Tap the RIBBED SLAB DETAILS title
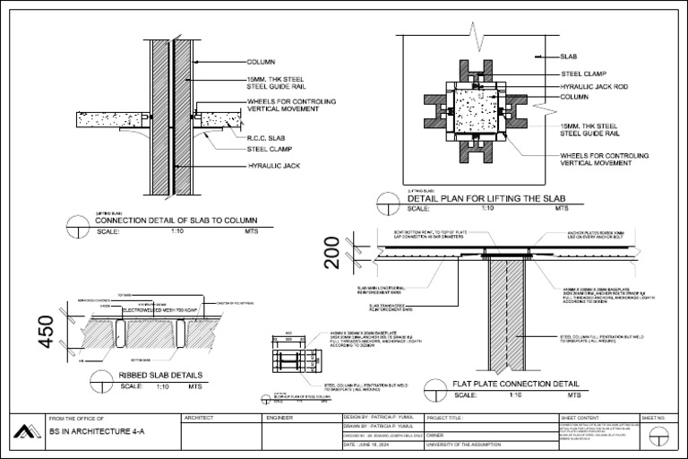[x=160, y=375]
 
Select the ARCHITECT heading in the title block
[x=199, y=419]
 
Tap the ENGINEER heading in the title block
[x=281, y=419]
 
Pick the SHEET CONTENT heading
[x=580, y=419]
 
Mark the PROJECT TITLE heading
[x=449, y=419]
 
